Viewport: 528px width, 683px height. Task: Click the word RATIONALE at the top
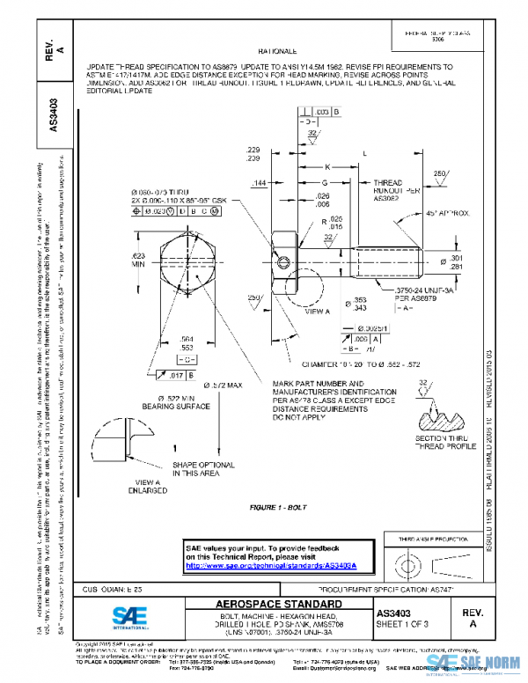[x=278, y=53]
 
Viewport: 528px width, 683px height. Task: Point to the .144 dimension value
[x=260, y=183]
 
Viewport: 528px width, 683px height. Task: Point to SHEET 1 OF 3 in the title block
[x=408, y=623]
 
